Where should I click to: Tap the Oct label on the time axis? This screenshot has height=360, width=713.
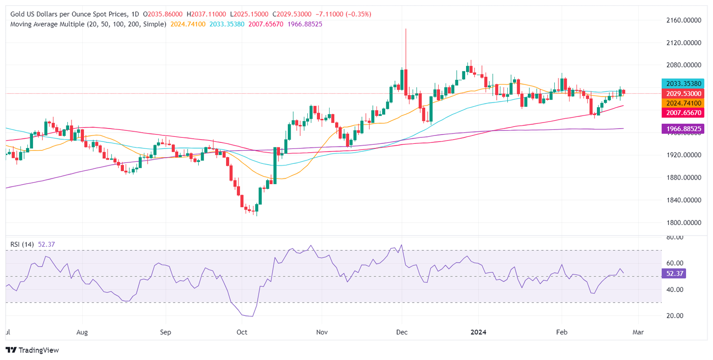[242, 332]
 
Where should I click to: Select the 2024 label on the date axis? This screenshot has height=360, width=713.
[478, 332]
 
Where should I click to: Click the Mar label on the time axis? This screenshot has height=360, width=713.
[638, 332]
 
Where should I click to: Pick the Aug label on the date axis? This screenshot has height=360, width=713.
[82, 332]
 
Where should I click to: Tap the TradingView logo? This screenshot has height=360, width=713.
[32, 350]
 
